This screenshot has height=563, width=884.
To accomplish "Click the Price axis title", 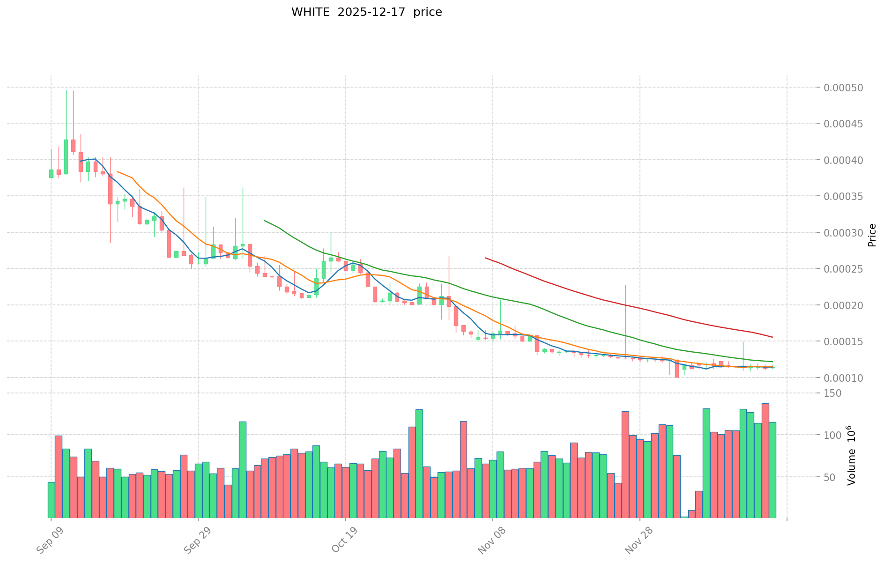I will tap(872, 235).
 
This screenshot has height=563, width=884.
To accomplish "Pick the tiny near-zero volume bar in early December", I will tap(684, 517).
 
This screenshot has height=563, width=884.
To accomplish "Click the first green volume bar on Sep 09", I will tap(51, 500).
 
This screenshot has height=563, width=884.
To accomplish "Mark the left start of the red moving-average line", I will tap(485, 258).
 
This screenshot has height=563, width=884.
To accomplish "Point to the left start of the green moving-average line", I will tap(265, 221).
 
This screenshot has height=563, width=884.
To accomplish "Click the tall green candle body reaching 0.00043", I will tap(66, 156).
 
